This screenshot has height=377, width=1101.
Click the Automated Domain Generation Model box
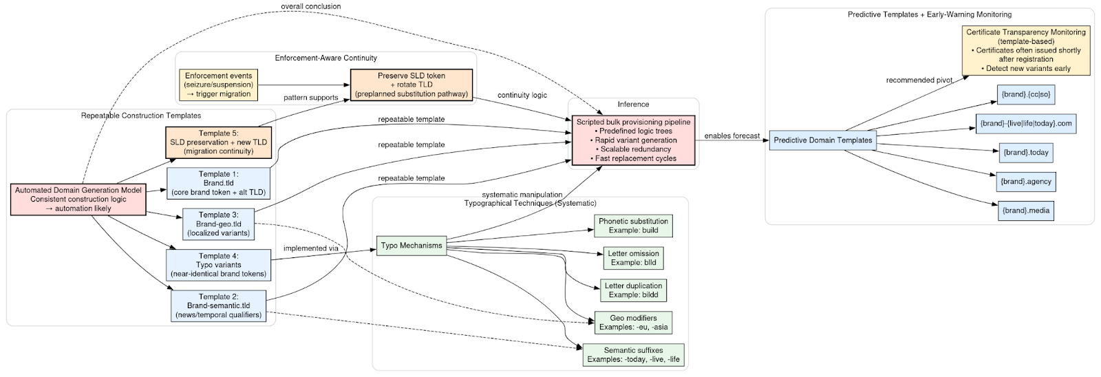(78, 199)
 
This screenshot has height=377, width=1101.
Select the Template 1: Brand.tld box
(218, 183)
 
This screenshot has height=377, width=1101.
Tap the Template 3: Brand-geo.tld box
(218, 224)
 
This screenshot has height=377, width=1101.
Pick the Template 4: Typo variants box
(218, 265)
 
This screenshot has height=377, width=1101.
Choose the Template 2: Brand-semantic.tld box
(218, 305)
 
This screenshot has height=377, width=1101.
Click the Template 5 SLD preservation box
(218, 142)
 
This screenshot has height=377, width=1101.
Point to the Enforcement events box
(219, 84)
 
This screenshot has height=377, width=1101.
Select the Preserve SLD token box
(411, 84)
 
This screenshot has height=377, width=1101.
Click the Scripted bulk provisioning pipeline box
(633, 140)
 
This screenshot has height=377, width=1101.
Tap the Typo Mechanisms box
(411, 245)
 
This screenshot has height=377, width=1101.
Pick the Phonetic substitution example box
(633, 226)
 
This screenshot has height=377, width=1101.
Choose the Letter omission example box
(633, 258)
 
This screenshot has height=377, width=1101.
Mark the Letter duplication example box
(633, 290)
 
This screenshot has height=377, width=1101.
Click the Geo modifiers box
(633, 322)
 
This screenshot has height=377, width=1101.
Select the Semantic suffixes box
(633, 355)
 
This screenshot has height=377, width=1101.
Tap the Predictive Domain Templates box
(822, 140)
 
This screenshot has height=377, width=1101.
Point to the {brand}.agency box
(1025, 182)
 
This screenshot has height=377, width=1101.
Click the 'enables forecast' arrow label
(731, 136)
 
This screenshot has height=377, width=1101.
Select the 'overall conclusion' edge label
(310, 6)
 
